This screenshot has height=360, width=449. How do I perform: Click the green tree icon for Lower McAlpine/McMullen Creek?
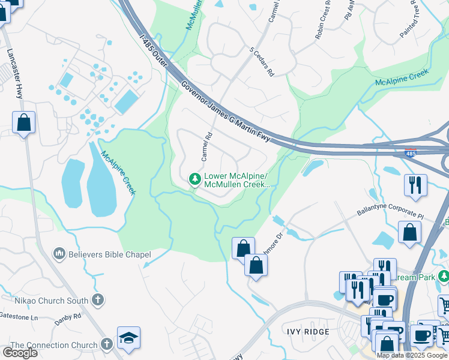tap(194, 179)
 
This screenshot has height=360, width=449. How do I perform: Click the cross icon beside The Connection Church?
tap(107, 344)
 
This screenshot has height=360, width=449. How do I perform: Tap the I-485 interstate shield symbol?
tap(411, 153)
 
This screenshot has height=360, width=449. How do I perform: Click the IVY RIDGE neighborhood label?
tap(307, 332)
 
